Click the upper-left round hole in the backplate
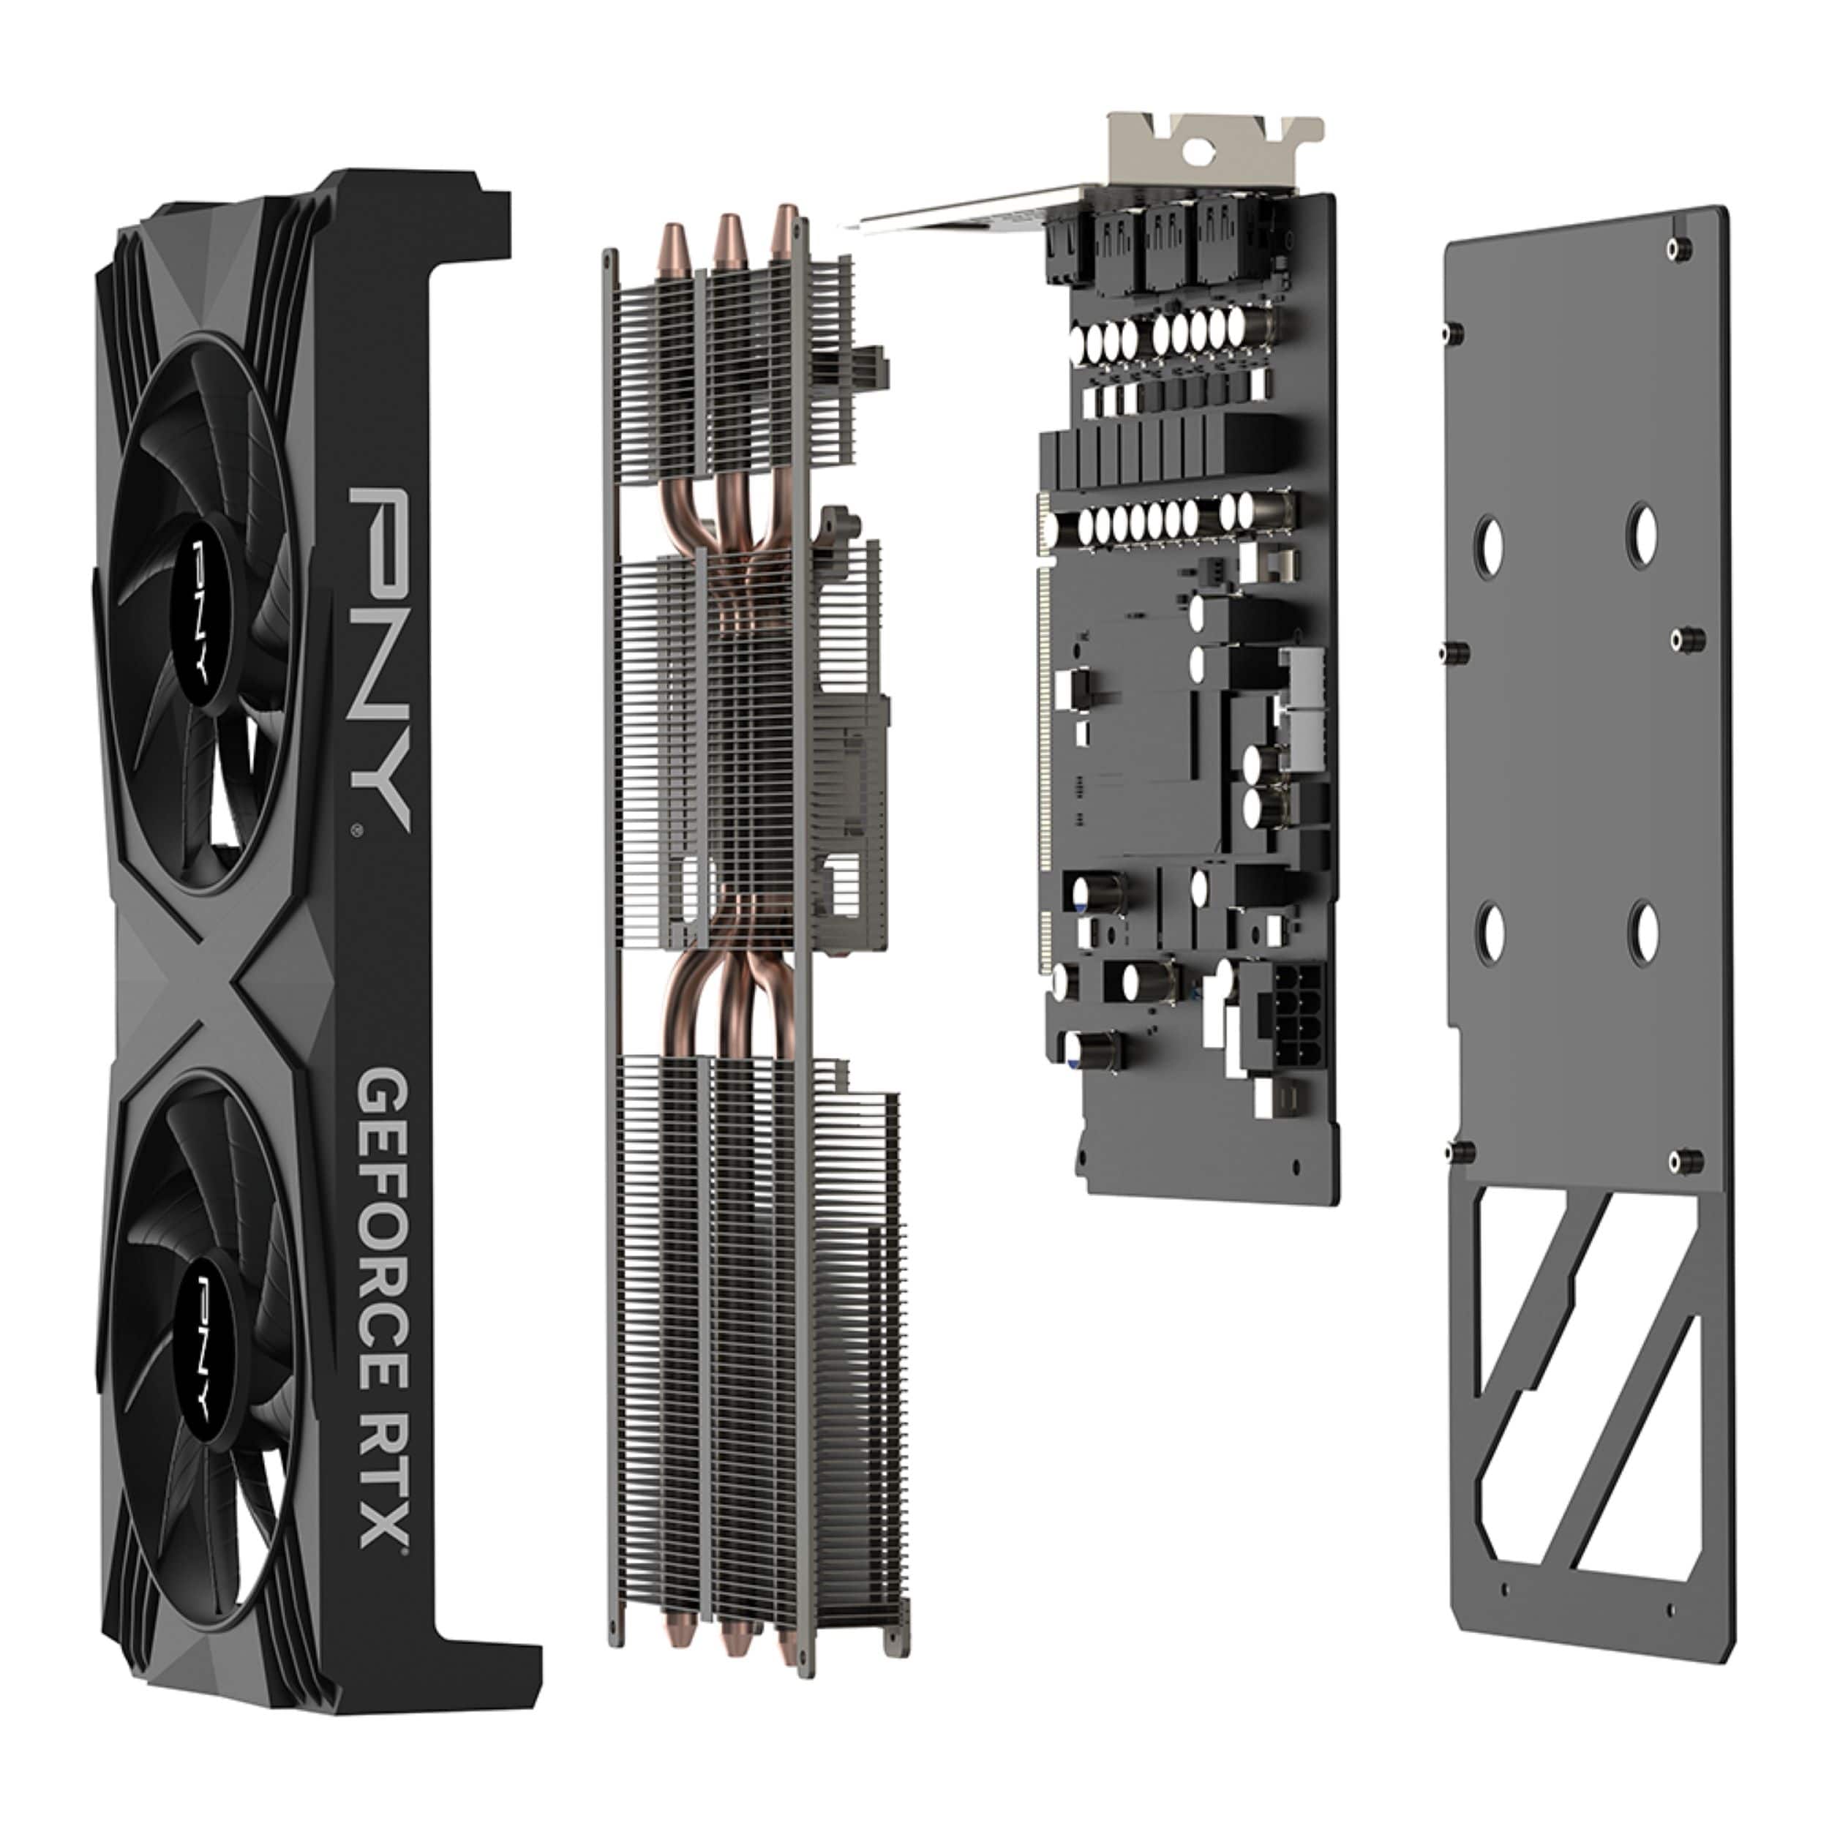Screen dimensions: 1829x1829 [x=1491, y=547]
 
